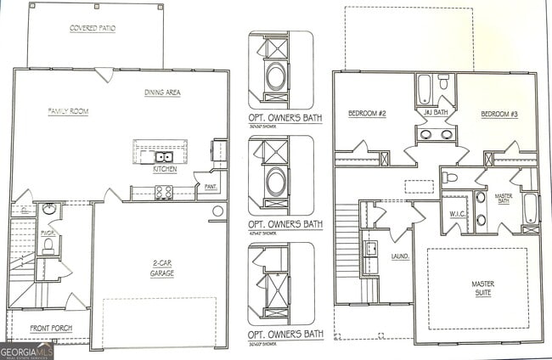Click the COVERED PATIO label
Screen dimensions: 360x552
[93, 28]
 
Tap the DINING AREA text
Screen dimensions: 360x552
[162, 93]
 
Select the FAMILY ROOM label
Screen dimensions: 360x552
[68, 111]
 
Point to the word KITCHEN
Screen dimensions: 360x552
[165, 169]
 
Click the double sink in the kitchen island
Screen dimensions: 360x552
[163, 157]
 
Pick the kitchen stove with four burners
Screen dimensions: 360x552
[164, 192]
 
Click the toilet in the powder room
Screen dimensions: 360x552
[48, 245]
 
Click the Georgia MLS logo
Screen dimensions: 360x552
[26, 351]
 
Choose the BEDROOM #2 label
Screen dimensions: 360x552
[367, 114]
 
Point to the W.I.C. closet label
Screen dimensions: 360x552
[455, 214]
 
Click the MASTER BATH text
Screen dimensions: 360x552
[504, 199]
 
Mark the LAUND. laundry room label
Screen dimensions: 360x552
[399, 256]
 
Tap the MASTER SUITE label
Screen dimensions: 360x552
[482, 288]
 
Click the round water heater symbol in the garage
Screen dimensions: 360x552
[218, 211]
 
